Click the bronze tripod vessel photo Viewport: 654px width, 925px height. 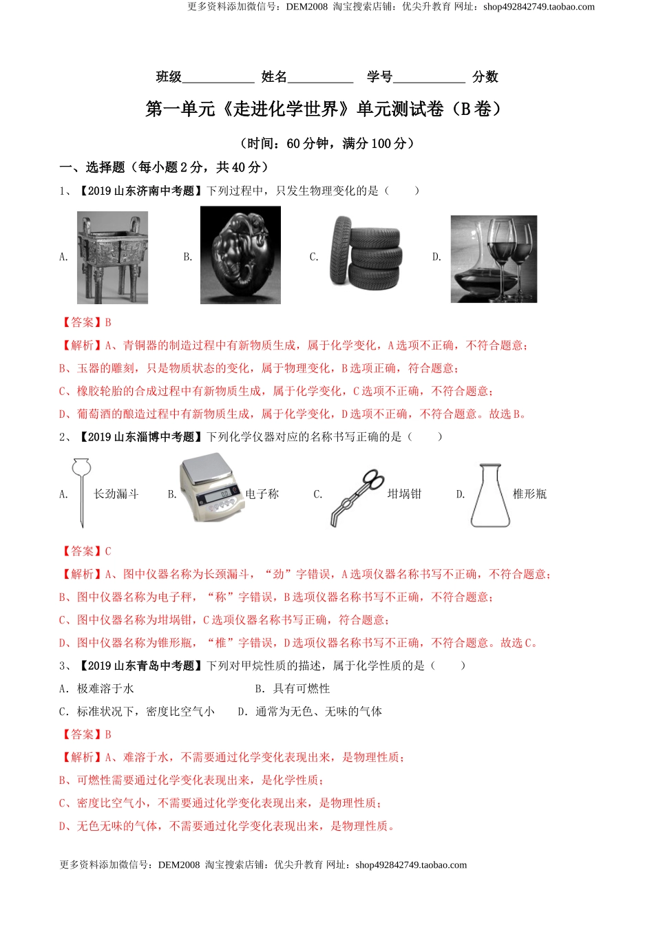click(112, 257)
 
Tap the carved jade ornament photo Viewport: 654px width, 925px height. click(240, 255)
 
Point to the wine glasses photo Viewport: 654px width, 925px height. click(494, 259)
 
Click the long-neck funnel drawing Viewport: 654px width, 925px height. click(81, 493)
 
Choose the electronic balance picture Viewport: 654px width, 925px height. click(211, 489)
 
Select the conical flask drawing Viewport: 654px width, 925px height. click(490, 496)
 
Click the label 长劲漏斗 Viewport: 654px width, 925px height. click(116, 494)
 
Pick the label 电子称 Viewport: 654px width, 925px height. click(262, 494)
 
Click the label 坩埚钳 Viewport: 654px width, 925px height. click(404, 494)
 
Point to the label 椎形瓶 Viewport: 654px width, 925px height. click(529, 494)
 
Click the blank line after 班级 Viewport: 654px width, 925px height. click(218, 78)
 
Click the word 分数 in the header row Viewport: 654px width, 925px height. click(485, 77)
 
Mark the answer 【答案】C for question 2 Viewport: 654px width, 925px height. click(86, 551)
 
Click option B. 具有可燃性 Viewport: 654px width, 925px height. click(293, 689)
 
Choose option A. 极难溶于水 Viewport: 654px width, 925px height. click(96, 689)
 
